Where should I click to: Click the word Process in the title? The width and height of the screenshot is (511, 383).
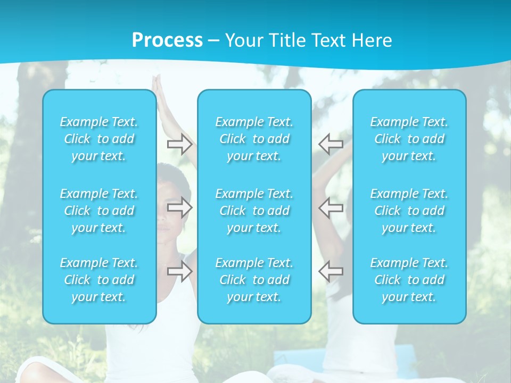coord(167,40)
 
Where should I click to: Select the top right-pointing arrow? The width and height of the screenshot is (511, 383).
coord(180,143)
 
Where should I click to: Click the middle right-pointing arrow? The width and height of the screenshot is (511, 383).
coord(180,207)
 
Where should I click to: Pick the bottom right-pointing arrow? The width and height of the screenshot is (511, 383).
coord(180,271)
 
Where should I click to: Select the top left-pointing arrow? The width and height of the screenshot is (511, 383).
coord(331,143)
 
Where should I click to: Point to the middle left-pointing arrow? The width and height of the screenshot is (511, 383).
coord(331,207)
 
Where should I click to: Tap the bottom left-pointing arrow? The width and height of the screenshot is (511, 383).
coord(331,271)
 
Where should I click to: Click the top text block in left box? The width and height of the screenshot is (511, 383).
coord(99,139)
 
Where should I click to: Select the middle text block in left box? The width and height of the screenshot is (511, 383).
coord(99,211)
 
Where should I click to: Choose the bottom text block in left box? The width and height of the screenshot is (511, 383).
coord(99,280)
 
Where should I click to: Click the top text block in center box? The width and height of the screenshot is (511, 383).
coord(254,139)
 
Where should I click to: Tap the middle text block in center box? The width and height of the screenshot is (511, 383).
coord(254,211)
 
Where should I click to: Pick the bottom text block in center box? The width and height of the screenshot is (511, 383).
coord(254,280)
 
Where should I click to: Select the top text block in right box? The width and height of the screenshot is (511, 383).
coord(409,139)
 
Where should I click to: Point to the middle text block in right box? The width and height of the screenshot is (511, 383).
coord(409,211)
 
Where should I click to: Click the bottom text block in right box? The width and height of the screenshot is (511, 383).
coord(409,280)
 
